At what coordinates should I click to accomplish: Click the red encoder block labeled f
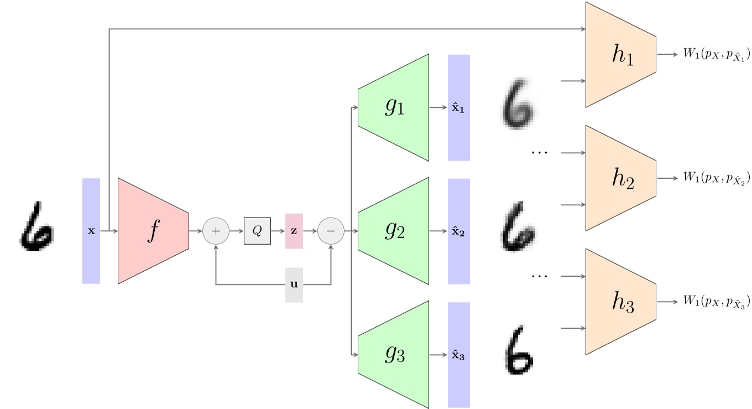pyautogui.click(x=153, y=231)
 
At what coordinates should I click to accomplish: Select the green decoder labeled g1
pyautogui.click(x=394, y=107)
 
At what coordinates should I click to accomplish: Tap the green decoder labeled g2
pyautogui.click(x=394, y=231)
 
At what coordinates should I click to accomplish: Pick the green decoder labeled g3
pyautogui.click(x=394, y=355)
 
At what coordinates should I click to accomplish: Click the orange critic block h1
pyautogui.click(x=621, y=54)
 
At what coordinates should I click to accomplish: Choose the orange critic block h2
pyautogui.click(x=621, y=178)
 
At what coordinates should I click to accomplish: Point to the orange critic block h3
pyautogui.click(x=621, y=302)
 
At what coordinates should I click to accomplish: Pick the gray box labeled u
pyautogui.click(x=294, y=285)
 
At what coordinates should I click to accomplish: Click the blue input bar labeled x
pyautogui.click(x=91, y=231)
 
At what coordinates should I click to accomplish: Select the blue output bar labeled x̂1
pyautogui.click(x=458, y=108)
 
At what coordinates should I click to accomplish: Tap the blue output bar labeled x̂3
pyautogui.click(x=458, y=355)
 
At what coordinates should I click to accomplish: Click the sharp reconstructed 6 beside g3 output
pyautogui.click(x=520, y=351)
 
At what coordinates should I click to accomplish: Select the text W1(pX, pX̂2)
pyautogui.click(x=717, y=178)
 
